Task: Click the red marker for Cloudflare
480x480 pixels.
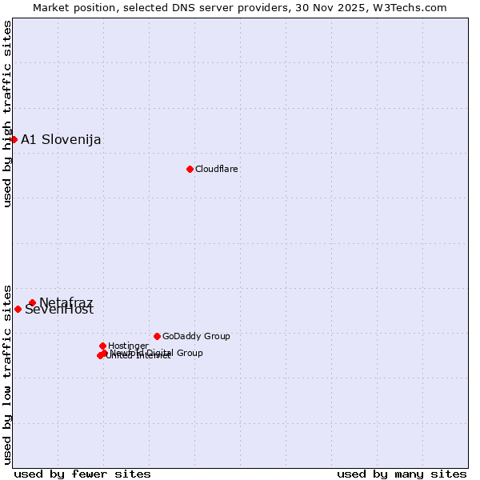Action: tap(190, 169)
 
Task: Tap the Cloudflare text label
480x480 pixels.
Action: tap(217, 169)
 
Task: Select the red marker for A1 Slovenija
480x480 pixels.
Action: tap(14, 139)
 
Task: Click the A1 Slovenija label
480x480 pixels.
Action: tap(61, 140)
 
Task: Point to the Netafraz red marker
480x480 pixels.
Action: tap(32, 302)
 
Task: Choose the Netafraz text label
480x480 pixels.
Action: tap(66, 302)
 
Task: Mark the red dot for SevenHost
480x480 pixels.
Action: tap(18, 309)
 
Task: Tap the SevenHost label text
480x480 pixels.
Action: tap(59, 310)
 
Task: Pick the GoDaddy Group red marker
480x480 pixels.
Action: tap(157, 336)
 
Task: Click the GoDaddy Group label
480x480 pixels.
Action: tap(196, 336)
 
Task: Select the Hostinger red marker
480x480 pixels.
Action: tap(102, 346)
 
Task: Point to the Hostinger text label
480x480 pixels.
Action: tap(128, 346)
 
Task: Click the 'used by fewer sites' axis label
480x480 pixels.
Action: tap(82, 474)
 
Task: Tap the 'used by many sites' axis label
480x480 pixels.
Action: tap(402, 474)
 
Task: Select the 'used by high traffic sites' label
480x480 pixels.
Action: tap(7, 114)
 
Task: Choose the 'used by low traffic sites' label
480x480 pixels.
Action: tap(7, 374)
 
